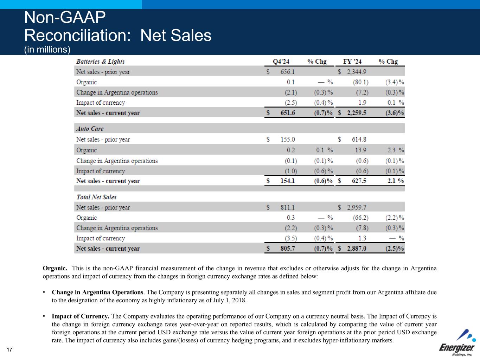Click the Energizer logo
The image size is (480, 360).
pos(457,343)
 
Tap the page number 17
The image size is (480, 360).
pos(9,349)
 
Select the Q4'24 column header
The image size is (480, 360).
pos(281,62)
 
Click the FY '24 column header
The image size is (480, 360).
pos(352,62)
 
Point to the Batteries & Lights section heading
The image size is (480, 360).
pos(100,62)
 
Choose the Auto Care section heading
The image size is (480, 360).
pos(90,129)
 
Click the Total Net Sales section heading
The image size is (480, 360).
pos(96,197)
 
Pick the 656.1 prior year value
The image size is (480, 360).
pos(288,72)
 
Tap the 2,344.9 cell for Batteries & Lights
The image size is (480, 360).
pos(357,72)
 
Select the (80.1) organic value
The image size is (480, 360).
pos(361,82)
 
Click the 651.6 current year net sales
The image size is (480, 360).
pos(288,113)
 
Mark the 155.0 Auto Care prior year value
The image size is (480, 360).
pos(288,139)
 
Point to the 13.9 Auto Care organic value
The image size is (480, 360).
pos(360,150)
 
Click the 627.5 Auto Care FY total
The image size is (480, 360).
pos(359,181)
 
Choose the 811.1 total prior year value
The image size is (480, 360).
pos(288,207)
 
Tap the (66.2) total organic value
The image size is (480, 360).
pos(361,218)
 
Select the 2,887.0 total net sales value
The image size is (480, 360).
pos(357,249)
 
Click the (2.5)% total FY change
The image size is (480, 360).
pos(395,249)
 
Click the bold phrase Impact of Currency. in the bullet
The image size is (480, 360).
pos(81,316)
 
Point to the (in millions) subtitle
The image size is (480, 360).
pos(47,50)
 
